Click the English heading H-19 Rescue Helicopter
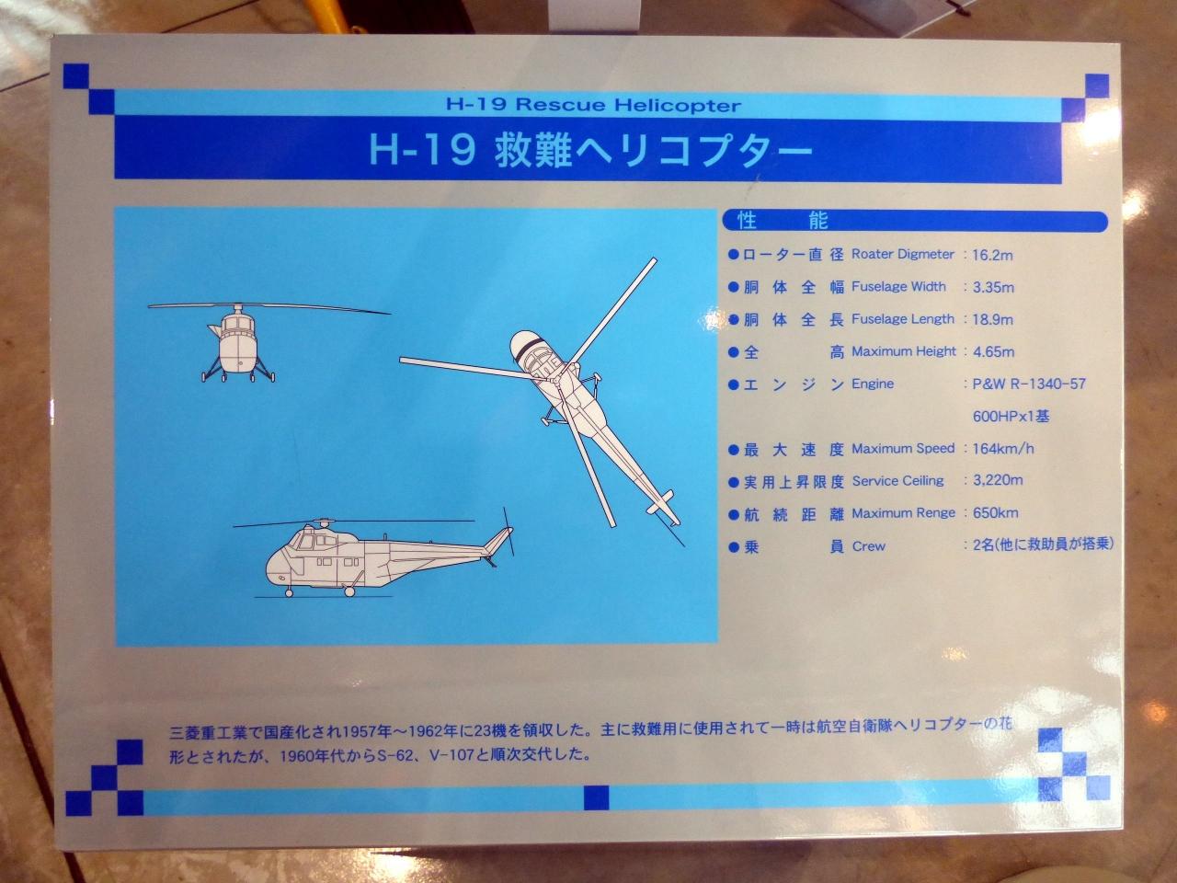(x=594, y=105)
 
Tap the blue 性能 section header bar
(x=915, y=221)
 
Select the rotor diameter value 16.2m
(x=992, y=255)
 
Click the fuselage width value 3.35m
(x=994, y=288)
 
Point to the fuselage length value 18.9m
(x=992, y=320)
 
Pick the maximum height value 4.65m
(x=994, y=352)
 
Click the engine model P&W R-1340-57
(x=1029, y=384)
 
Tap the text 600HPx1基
(x=1011, y=417)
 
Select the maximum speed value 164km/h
(x=1003, y=448)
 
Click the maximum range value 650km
(x=995, y=513)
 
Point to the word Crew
(x=869, y=547)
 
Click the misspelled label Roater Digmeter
(x=903, y=254)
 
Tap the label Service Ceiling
(x=897, y=481)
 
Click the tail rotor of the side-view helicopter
(x=508, y=532)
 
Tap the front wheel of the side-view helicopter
(x=290, y=592)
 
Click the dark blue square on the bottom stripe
(x=596, y=797)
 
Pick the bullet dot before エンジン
(x=733, y=385)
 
